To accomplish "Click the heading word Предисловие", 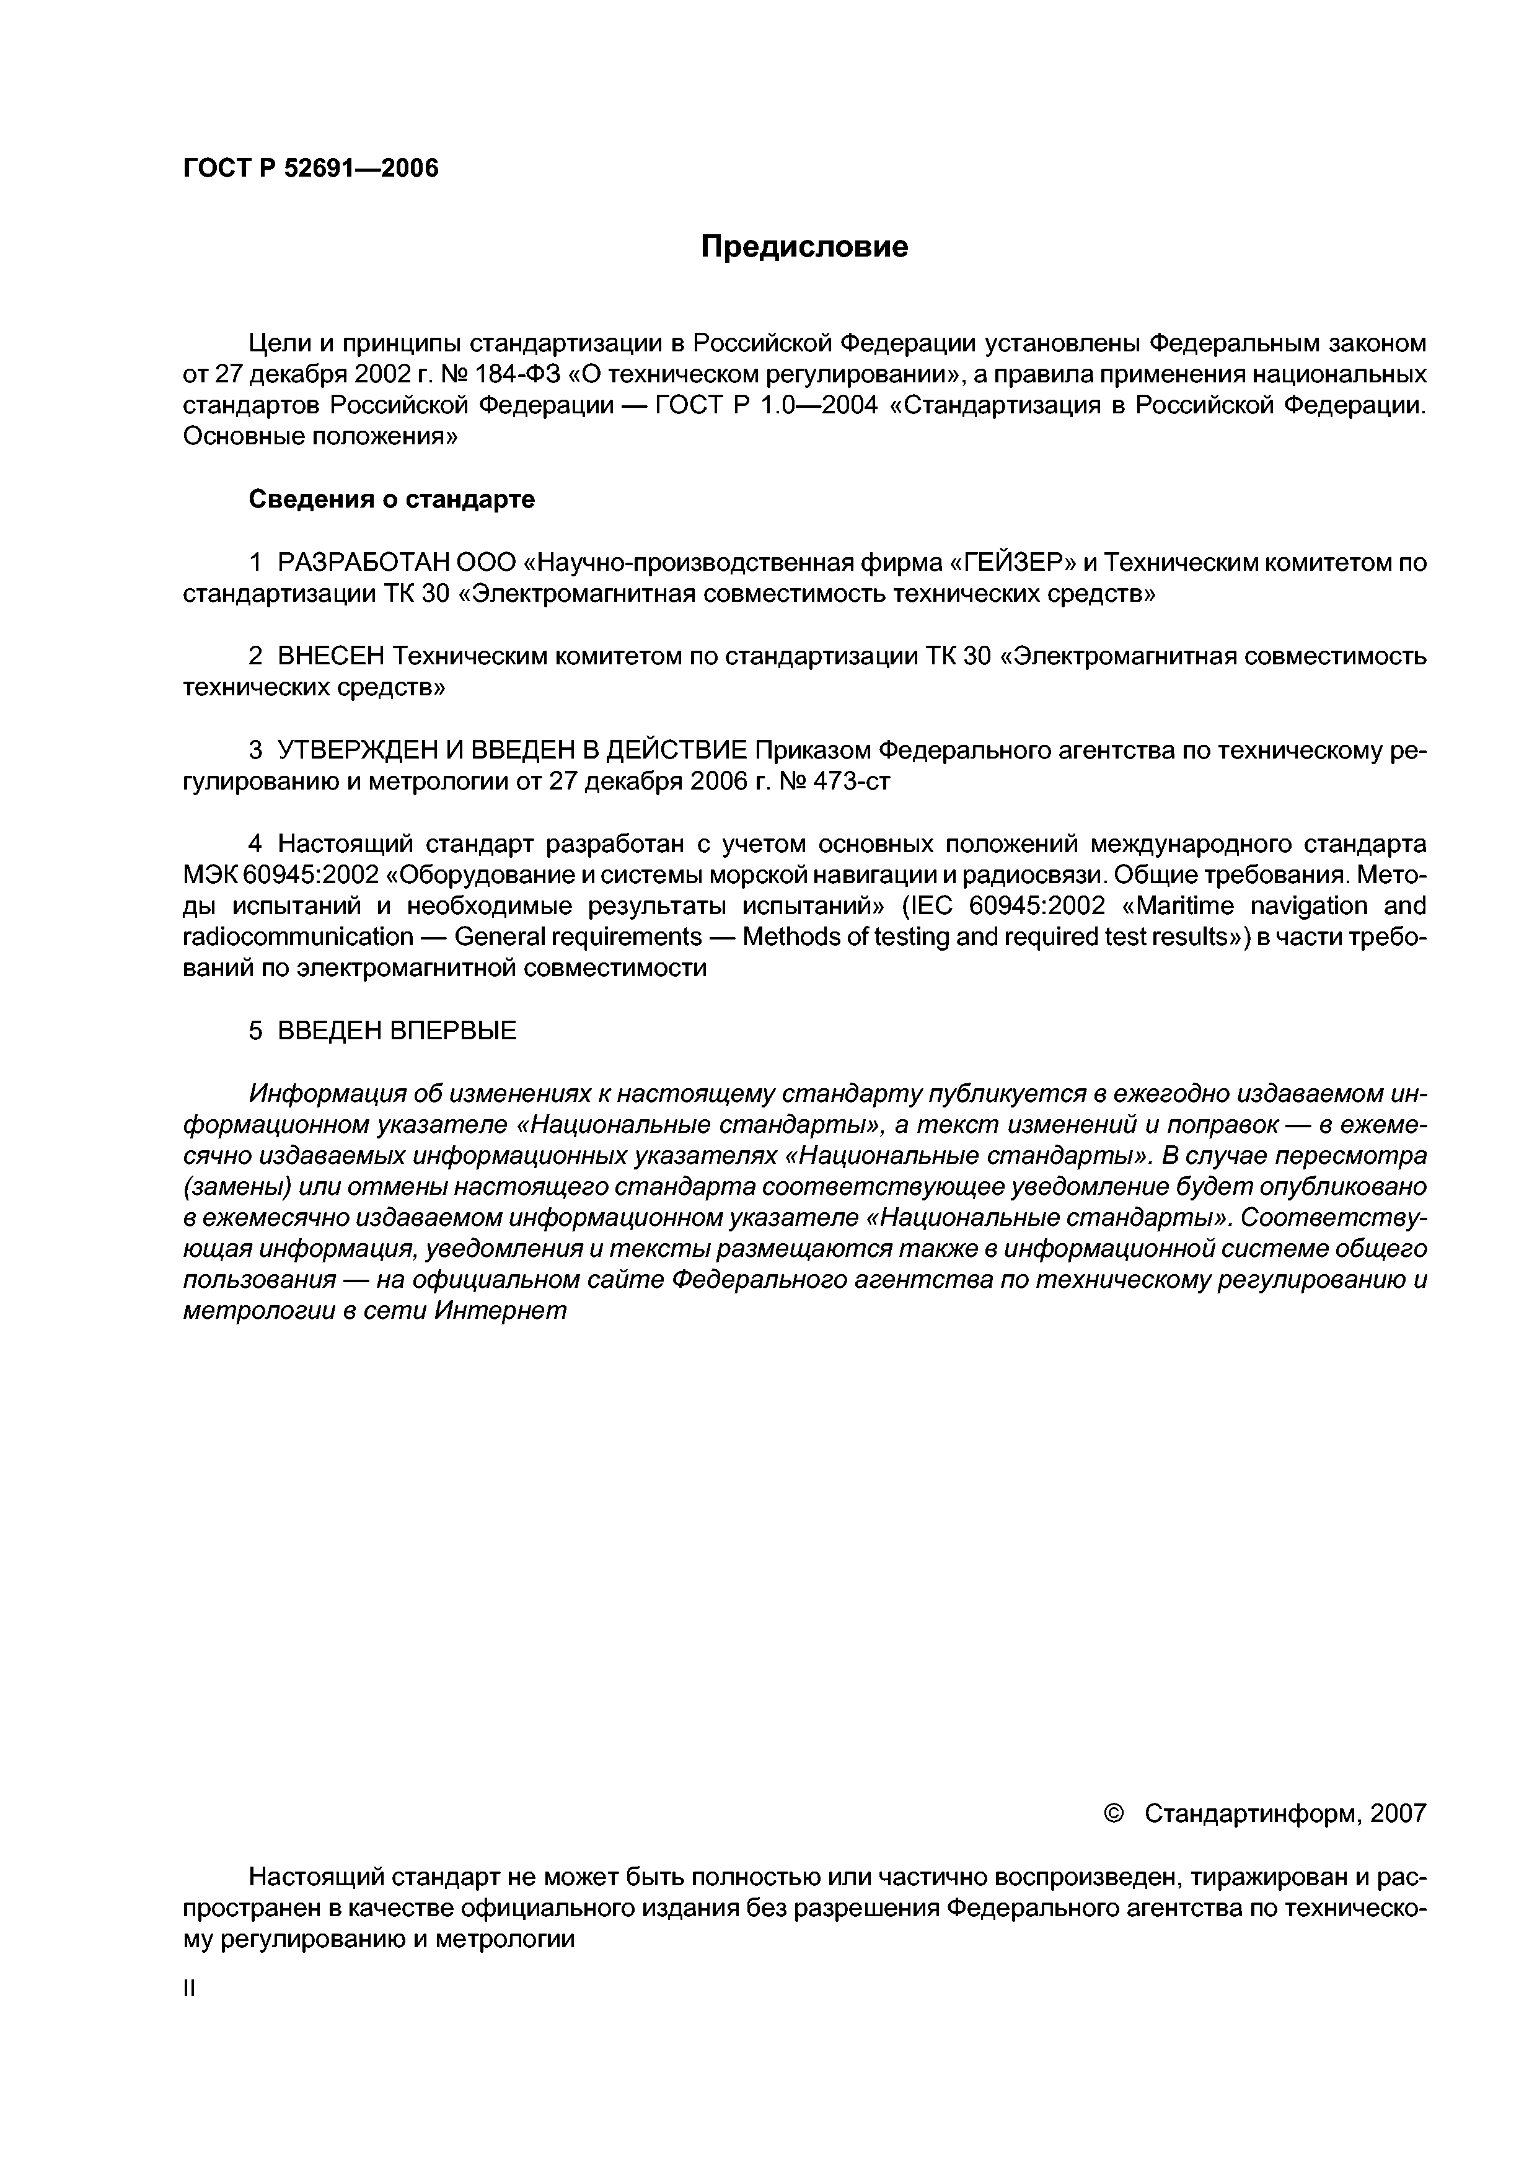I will click(804, 247).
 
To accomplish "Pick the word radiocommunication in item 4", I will click(298, 938).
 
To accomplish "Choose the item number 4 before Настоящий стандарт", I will click(255, 843).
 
